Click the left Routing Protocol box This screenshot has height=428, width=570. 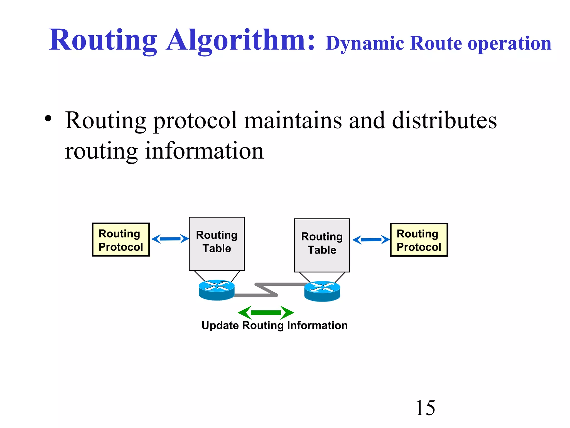(121, 240)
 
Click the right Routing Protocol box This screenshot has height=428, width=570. (419, 240)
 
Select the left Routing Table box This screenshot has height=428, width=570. (217, 244)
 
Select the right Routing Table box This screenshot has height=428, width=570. (322, 245)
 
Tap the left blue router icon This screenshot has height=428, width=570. (217, 290)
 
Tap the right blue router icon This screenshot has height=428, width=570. (322, 291)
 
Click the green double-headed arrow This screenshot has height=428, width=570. (266, 312)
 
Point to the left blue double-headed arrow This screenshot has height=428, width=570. (170, 239)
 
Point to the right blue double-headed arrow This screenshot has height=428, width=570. (371, 240)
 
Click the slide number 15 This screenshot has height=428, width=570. (425, 408)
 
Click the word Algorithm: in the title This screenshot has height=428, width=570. (241, 40)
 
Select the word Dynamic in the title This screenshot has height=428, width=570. (365, 43)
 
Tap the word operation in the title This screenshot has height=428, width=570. (509, 43)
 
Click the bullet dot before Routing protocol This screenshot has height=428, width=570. (48, 118)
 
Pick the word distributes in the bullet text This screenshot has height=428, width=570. (444, 120)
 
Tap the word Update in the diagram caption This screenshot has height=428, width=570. (220, 325)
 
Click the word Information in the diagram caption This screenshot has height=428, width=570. (317, 325)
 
